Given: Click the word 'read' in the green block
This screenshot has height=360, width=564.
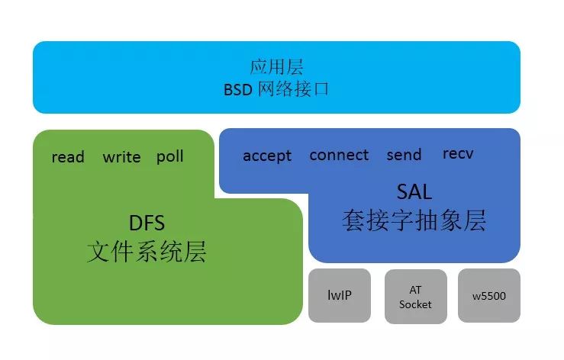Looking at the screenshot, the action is (x=68, y=157).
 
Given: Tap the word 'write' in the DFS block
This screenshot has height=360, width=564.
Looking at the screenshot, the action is (x=121, y=157).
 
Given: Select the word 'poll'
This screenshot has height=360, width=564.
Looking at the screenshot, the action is (x=169, y=156).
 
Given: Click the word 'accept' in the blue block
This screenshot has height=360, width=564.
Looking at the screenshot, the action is (x=267, y=156).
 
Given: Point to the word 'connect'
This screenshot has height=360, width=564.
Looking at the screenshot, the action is (x=339, y=155).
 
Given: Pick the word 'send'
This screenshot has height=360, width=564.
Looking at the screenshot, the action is (x=404, y=155).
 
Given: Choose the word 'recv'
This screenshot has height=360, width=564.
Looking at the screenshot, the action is (x=458, y=153).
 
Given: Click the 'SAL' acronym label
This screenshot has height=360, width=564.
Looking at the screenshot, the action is (x=414, y=191).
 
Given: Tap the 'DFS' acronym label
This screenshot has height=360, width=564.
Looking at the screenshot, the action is (x=147, y=223).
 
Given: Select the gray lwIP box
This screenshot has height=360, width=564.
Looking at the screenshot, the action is (x=340, y=295).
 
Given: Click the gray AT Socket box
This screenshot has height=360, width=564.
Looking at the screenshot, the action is (x=416, y=297).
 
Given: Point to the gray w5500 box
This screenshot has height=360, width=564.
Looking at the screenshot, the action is (x=489, y=295).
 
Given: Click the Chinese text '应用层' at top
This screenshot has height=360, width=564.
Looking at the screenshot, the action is (x=276, y=67).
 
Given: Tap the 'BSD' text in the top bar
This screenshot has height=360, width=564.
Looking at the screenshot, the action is (x=238, y=89).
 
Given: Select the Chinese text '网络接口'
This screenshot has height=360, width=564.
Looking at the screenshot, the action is (x=293, y=88).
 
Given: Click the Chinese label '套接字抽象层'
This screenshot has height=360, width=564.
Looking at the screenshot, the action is (x=414, y=220).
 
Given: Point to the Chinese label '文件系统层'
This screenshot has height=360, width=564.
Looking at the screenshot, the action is (x=147, y=252).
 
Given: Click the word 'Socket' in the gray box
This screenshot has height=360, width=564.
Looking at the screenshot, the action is (x=415, y=304).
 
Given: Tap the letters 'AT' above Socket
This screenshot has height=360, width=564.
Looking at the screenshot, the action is (x=415, y=290).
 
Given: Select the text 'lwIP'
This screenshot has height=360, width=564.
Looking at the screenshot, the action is (x=340, y=295).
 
